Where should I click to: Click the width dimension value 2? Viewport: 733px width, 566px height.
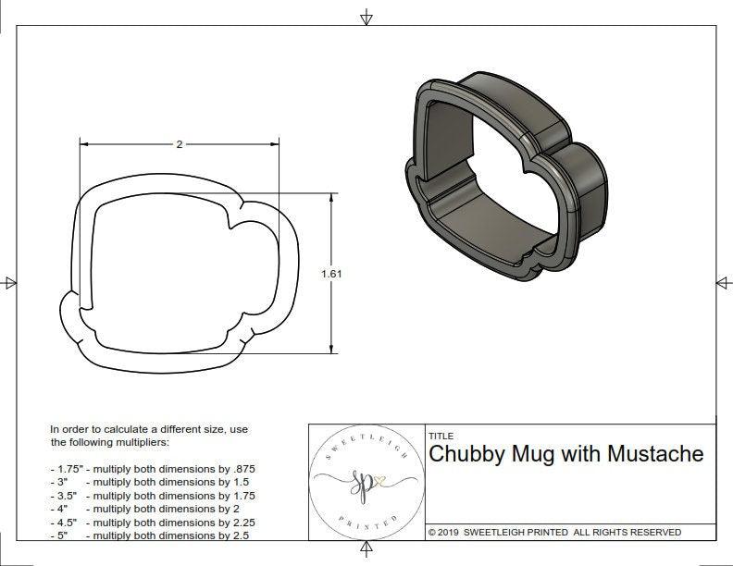click(179, 144)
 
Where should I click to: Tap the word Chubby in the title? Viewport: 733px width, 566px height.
click(461, 454)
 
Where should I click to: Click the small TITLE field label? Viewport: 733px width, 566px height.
click(440, 435)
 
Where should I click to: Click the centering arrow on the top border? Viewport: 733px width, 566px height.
click(367, 17)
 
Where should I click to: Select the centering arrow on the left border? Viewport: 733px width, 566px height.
click(11, 282)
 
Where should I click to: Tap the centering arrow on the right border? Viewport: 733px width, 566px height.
click(722, 282)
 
